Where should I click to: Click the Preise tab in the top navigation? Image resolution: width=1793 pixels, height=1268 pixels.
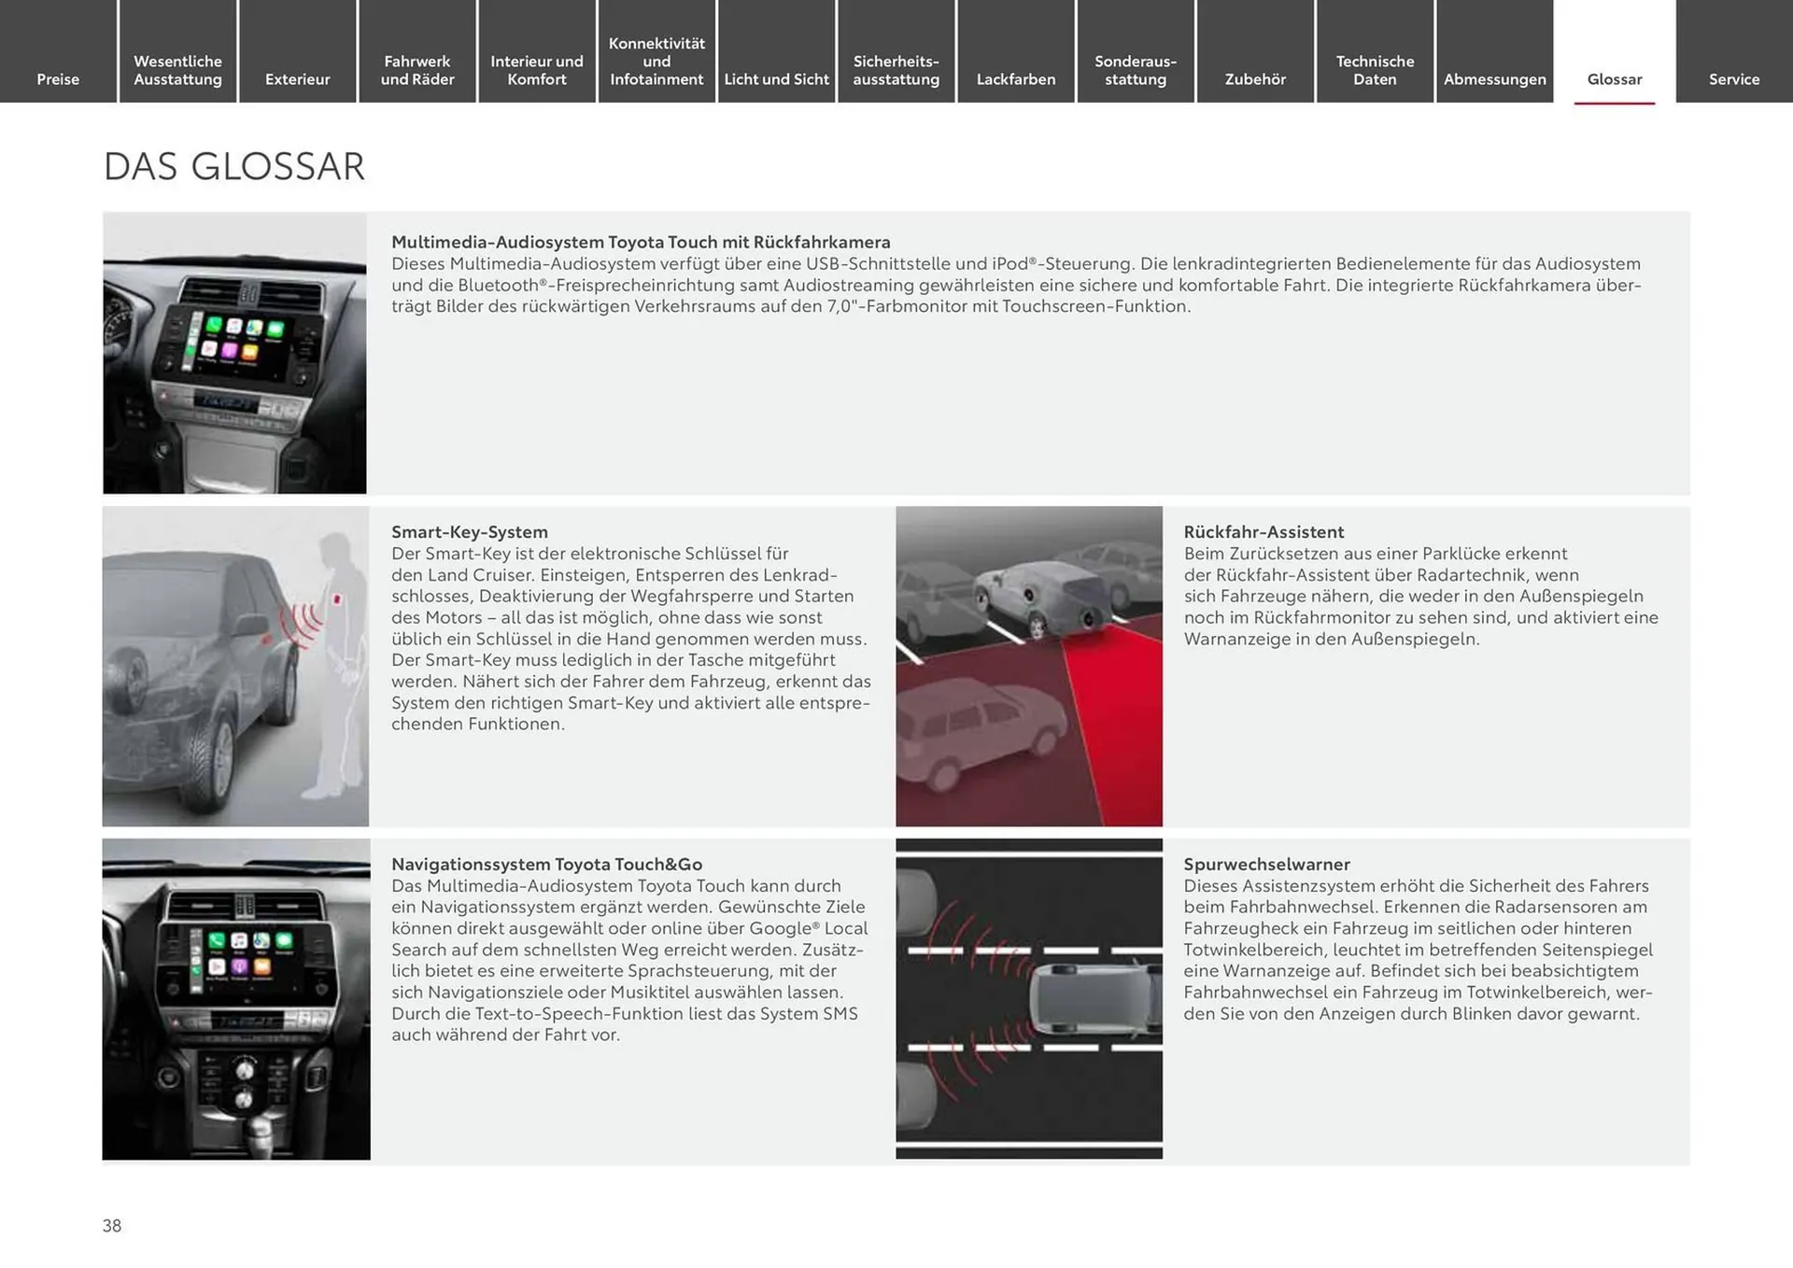[x=58, y=79]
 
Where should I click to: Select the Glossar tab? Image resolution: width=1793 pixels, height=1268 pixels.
[x=1614, y=79]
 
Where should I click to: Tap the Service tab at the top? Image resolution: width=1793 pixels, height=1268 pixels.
[x=1733, y=79]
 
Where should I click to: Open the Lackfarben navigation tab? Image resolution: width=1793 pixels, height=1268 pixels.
[x=1015, y=79]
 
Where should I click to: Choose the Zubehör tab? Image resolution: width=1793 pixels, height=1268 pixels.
[x=1255, y=79]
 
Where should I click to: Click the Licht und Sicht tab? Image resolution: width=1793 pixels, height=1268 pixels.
[x=776, y=79]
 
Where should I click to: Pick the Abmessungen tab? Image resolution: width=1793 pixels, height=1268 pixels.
[x=1494, y=79]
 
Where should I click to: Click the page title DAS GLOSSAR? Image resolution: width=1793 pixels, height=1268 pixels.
[x=233, y=167]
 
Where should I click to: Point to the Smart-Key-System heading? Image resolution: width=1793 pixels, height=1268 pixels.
[x=469, y=532]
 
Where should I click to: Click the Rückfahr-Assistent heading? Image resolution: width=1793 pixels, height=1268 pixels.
[x=1264, y=532]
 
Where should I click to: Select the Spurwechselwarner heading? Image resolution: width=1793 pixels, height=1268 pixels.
[x=1266, y=865]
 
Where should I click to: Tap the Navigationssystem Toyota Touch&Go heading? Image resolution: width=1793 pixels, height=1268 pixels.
[x=546, y=865]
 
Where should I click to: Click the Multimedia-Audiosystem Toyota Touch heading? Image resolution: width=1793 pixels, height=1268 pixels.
[x=641, y=243]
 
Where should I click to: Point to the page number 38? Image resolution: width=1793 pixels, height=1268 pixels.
[x=112, y=1226]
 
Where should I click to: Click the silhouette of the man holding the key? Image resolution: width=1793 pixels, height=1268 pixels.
[x=339, y=654]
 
